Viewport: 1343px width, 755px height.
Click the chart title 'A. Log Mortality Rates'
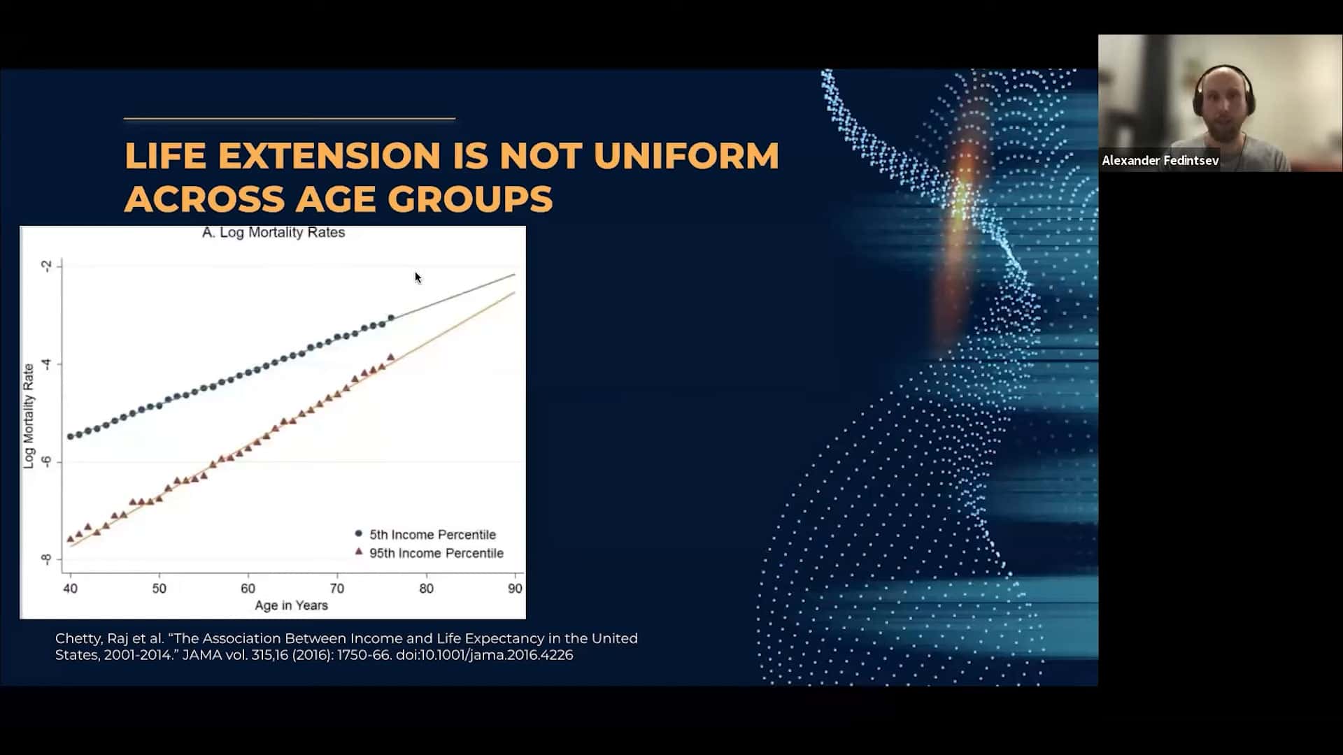(x=273, y=233)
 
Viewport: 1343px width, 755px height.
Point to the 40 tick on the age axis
(x=70, y=589)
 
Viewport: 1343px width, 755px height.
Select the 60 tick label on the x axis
(x=248, y=589)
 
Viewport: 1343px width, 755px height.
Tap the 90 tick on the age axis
(x=515, y=589)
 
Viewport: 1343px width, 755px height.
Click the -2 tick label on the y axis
(x=46, y=266)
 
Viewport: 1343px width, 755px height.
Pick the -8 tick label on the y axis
(x=46, y=559)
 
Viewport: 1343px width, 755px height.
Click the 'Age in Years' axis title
(x=291, y=605)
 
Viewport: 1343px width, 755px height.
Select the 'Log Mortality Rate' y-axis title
(x=29, y=416)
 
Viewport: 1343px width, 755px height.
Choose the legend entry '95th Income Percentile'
(x=429, y=553)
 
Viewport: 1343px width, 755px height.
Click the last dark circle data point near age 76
(x=391, y=318)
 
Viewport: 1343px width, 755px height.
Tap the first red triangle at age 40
(x=70, y=538)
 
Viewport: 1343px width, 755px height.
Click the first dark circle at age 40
(x=70, y=437)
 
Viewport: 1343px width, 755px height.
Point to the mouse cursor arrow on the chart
(x=418, y=278)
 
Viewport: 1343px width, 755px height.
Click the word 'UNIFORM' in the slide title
(x=686, y=155)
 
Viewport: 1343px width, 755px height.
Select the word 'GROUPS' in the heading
(x=470, y=199)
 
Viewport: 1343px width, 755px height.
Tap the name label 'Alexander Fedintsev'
(x=1160, y=161)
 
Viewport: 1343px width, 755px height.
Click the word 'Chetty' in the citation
(x=78, y=639)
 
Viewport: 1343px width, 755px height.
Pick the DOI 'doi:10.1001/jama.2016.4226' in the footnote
(x=484, y=655)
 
